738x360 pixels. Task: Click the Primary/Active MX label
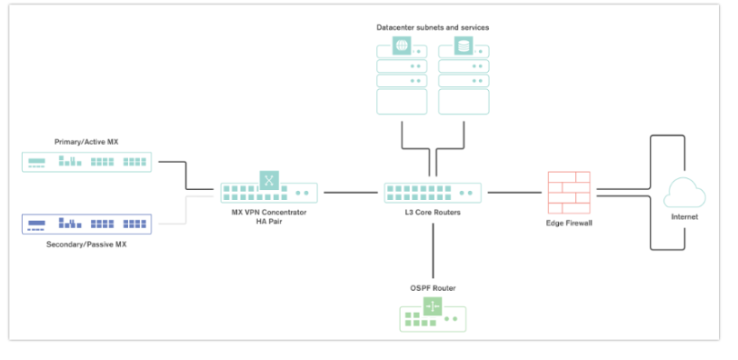click(x=86, y=142)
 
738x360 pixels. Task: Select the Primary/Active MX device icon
click(x=87, y=162)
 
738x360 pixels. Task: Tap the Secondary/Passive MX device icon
click(x=87, y=224)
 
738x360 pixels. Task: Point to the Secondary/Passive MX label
click(x=86, y=245)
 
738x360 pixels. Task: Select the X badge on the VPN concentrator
click(x=269, y=179)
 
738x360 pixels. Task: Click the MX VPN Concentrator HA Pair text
click(x=269, y=216)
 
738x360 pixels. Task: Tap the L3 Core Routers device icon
click(x=433, y=193)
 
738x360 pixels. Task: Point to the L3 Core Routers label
click(x=433, y=212)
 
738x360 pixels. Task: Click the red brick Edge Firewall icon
click(x=570, y=192)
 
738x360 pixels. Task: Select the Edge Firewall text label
click(x=570, y=223)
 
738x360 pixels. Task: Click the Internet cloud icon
click(x=683, y=193)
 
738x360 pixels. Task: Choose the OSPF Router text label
click(x=433, y=288)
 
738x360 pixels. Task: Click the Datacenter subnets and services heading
click(x=433, y=27)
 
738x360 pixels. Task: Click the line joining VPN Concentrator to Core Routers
click(x=351, y=193)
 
